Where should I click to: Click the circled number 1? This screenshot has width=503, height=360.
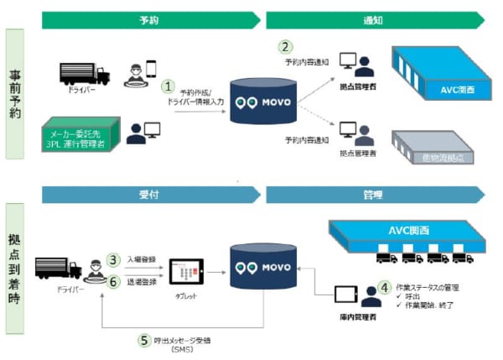pyautogui.click(x=169, y=86)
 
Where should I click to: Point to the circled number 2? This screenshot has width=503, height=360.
pyautogui.click(x=287, y=47)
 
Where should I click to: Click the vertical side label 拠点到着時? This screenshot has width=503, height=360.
pyautogui.click(x=18, y=268)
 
